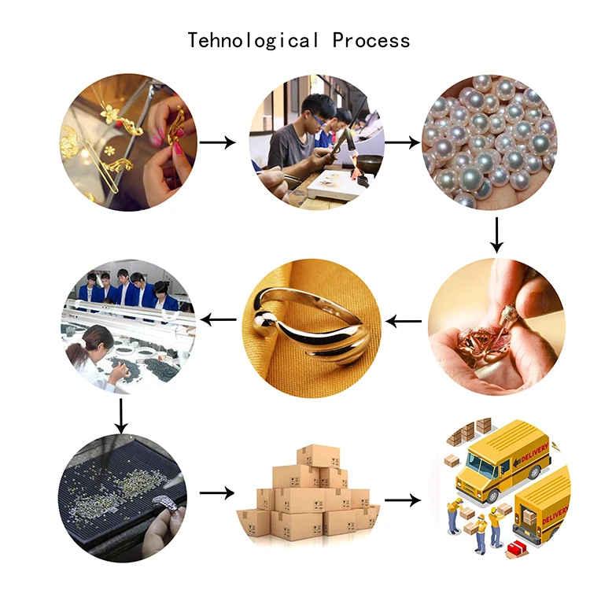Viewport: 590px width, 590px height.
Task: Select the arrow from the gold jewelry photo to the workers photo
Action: [x=217, y=142]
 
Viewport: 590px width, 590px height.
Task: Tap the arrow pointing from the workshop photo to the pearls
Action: [x=402, y=143]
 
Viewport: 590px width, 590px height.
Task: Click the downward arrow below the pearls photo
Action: [x=496, y=234]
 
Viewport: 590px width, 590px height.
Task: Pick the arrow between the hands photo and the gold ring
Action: [x=404, y=320]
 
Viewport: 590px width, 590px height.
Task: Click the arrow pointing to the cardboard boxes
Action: [x=217, y=492]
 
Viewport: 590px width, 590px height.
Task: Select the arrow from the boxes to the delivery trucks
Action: [x=403, y=500]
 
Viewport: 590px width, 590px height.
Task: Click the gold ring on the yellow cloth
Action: [x=307, y=323]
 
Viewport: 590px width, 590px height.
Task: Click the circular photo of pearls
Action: [x=492, y=142]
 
